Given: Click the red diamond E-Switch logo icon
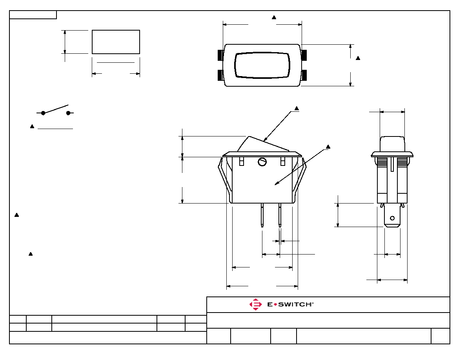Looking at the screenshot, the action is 255,304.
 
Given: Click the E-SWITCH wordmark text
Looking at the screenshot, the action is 290,304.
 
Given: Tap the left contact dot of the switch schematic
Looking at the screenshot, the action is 43,113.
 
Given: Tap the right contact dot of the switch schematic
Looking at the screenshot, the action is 68,113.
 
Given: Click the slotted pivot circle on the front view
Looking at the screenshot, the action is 262,162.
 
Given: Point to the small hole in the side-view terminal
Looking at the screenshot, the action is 392,218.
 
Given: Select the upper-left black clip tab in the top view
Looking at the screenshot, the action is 221,55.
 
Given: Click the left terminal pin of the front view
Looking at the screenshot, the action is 262,215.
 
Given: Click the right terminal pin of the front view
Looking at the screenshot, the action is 280,215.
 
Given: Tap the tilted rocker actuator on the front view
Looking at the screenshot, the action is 263,144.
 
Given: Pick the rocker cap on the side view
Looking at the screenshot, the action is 392,144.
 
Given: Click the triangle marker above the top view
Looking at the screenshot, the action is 274,18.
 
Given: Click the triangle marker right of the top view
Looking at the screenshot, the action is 358,58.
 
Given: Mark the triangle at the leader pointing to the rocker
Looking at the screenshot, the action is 297,109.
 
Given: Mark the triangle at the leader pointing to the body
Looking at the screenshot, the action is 328,147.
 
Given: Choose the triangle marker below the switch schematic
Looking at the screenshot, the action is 32,127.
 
